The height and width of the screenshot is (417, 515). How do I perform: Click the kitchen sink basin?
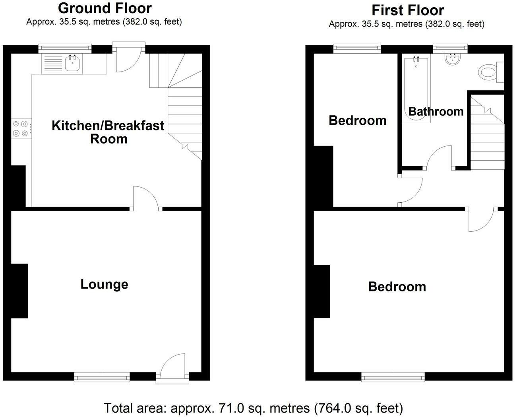click(x=72, y=64)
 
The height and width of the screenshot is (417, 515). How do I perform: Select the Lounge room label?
click(x=104, y=284)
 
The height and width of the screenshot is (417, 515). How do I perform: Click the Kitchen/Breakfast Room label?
click(x=108, y=132)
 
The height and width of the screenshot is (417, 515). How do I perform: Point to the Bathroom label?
click(x=436, y=111)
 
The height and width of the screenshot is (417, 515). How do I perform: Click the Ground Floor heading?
click(x=105, y=8)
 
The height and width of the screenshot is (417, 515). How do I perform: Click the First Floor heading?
click(x=408, y=10)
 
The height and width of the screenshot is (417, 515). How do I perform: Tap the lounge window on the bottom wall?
click(x=102, y=376)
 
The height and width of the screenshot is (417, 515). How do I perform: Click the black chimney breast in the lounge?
click(x=19, y=291)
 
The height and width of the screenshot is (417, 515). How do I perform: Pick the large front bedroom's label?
click(x=397, y=287)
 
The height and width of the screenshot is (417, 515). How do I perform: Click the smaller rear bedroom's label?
click(x=357, y=120)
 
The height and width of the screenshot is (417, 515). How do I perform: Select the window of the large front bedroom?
click(x=393, y=376)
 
